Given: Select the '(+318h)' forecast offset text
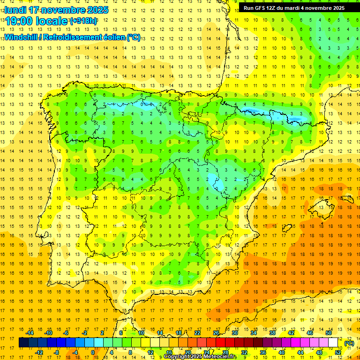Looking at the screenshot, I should click(83, 21).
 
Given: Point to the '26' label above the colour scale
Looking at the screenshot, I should click(216, 333).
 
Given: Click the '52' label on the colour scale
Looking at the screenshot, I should click(338, 352).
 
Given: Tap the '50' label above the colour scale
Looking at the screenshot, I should click(329, 333).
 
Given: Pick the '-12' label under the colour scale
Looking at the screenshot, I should click(39, 352).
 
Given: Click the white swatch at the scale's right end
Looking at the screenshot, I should click(333, 343).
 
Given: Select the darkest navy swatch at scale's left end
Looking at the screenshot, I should click(23, 343).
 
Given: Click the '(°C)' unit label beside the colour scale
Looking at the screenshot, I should click(349, 343).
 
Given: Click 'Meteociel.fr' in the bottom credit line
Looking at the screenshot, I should click(220, 357).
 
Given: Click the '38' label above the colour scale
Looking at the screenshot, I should click(272, 333).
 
